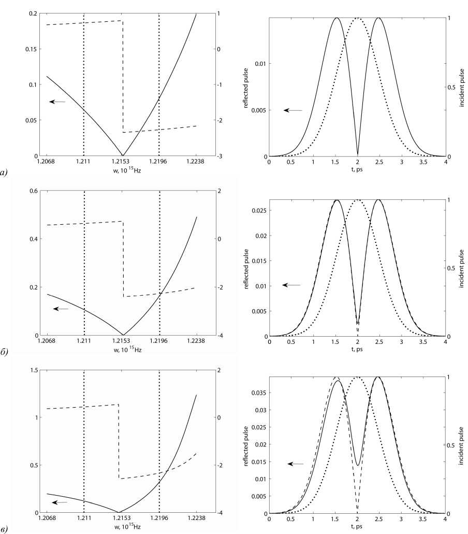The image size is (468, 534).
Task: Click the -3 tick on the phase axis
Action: coord(220,156)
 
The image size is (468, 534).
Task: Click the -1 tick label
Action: coord(220,84)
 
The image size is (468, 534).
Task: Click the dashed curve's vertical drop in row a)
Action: coord(123,78)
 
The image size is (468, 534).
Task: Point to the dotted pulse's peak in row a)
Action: coord(357,18)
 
